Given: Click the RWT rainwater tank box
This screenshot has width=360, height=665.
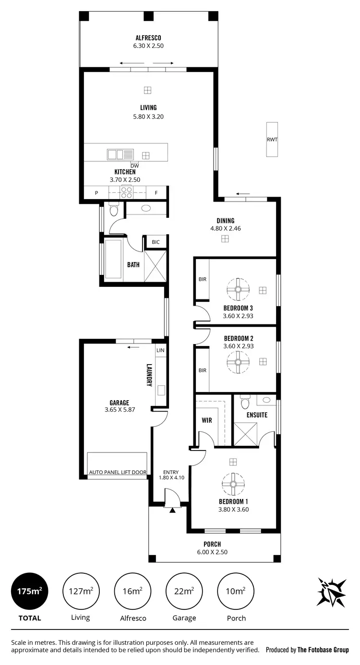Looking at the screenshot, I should [272, 140].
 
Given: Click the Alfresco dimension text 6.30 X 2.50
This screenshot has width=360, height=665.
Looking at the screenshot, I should [148, 46].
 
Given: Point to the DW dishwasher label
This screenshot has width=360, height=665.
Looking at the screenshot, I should [134, 166].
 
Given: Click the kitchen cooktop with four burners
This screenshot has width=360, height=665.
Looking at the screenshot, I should [127, 193].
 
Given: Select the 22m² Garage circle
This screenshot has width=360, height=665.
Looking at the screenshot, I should [184, 591].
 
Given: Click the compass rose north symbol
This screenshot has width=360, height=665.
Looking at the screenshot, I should [331, 592].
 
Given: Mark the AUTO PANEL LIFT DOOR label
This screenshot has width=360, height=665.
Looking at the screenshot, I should [118, 473].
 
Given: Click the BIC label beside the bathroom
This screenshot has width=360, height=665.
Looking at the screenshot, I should [156, 242].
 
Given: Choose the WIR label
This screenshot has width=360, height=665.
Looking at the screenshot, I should [207, 420].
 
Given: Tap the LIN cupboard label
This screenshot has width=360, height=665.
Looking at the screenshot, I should [160, 351].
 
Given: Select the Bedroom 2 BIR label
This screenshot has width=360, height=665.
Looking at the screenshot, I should [202, 370].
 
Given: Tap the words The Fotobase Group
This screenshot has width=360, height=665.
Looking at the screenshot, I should [323, 650].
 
